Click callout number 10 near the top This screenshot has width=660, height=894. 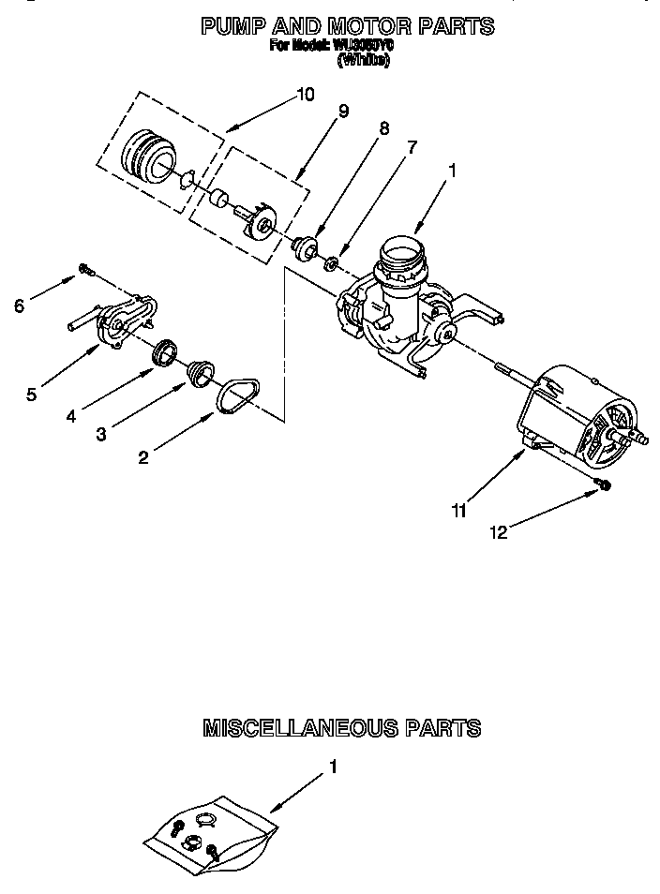(x=306, y=94)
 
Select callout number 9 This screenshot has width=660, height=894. (x=344, y=111)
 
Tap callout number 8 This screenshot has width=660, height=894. (x=382, y=128)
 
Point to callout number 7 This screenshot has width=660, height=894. (x=409, y=147)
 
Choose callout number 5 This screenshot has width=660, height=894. (x=32, y=395)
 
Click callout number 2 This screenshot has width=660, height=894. (x=143, y=456)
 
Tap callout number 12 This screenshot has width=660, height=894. (x=498, y=532)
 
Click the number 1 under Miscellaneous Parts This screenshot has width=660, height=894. (x=333, y=766)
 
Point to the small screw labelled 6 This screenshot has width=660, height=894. (x=86, y=270)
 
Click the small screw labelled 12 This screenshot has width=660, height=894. (x=605, y=484)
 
